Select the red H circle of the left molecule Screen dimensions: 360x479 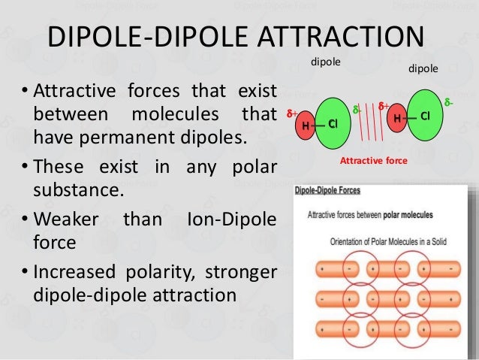click(x=306, y=125)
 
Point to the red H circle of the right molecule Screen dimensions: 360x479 click(x=395, y=116)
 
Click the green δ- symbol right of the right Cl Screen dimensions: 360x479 click(x=448, y=101)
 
